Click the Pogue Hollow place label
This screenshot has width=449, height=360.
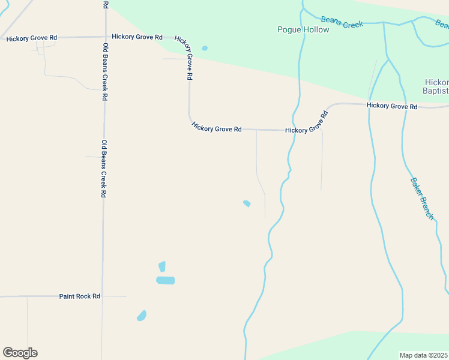click(x=303, y=29)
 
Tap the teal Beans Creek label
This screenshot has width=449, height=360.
click(x=342, y=22)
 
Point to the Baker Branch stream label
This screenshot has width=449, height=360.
click(x=421, y=198)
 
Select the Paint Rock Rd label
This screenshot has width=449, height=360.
click(x=79, y=296)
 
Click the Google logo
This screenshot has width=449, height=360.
click(x=20, y=353)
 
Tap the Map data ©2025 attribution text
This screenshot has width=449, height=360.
click(x=423, y=355)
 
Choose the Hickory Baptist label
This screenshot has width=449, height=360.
click(x=436, y=86)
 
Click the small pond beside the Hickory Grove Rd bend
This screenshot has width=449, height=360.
click(x=205, y=48)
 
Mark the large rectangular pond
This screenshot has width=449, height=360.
click(x=165, y=280)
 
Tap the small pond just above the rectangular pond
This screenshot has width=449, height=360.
click(x=161, y=266)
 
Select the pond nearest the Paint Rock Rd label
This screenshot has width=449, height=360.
click(x=142, y=315)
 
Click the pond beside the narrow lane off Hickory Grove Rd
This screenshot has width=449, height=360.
click(x=247, y=203)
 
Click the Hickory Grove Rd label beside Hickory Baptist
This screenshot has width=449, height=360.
click(x=391, y=106)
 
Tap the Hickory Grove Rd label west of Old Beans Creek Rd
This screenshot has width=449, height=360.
click(x=31, y=38)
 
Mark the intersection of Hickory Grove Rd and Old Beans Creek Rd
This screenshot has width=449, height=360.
click(x=106, y=37)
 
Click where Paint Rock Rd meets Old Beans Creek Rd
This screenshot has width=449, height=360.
click(x=103, y=296)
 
